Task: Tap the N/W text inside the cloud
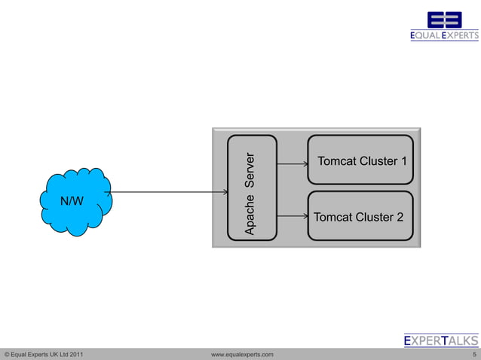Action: (72, 201)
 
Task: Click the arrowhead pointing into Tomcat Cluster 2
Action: (304, 218)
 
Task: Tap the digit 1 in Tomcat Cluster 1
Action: (404, 162)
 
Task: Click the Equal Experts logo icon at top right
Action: (444, 20)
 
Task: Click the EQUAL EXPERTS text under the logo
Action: (444, 35)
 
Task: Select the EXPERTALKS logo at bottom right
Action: (441, 340)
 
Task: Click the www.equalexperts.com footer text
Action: (242, 354)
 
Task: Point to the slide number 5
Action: (473, 354)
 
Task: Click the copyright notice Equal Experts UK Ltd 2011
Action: (44, 354)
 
